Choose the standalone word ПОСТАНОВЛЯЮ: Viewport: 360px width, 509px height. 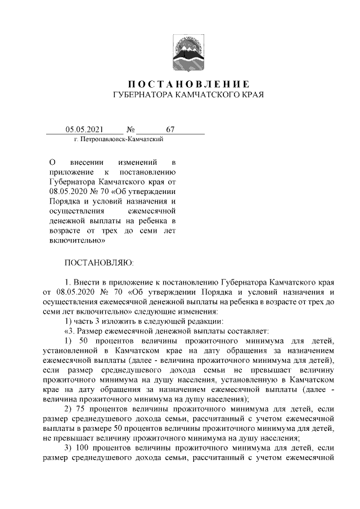99,262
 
